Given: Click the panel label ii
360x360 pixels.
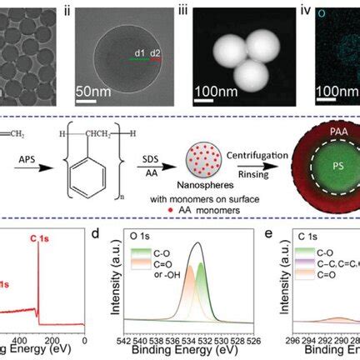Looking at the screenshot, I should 91,11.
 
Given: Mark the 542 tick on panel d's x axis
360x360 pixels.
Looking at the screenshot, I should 118,342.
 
